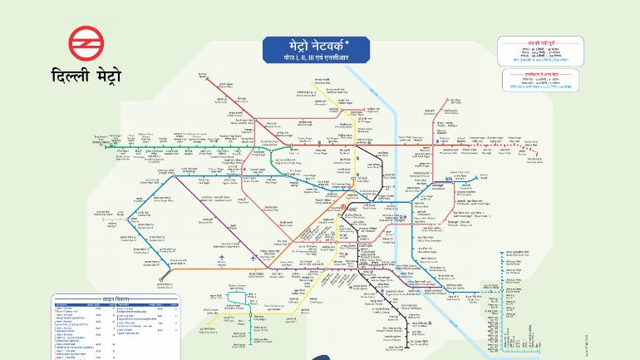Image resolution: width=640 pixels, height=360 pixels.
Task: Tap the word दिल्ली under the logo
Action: pos(70,77)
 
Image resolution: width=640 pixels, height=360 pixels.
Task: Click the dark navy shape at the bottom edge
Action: pos(320,356)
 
